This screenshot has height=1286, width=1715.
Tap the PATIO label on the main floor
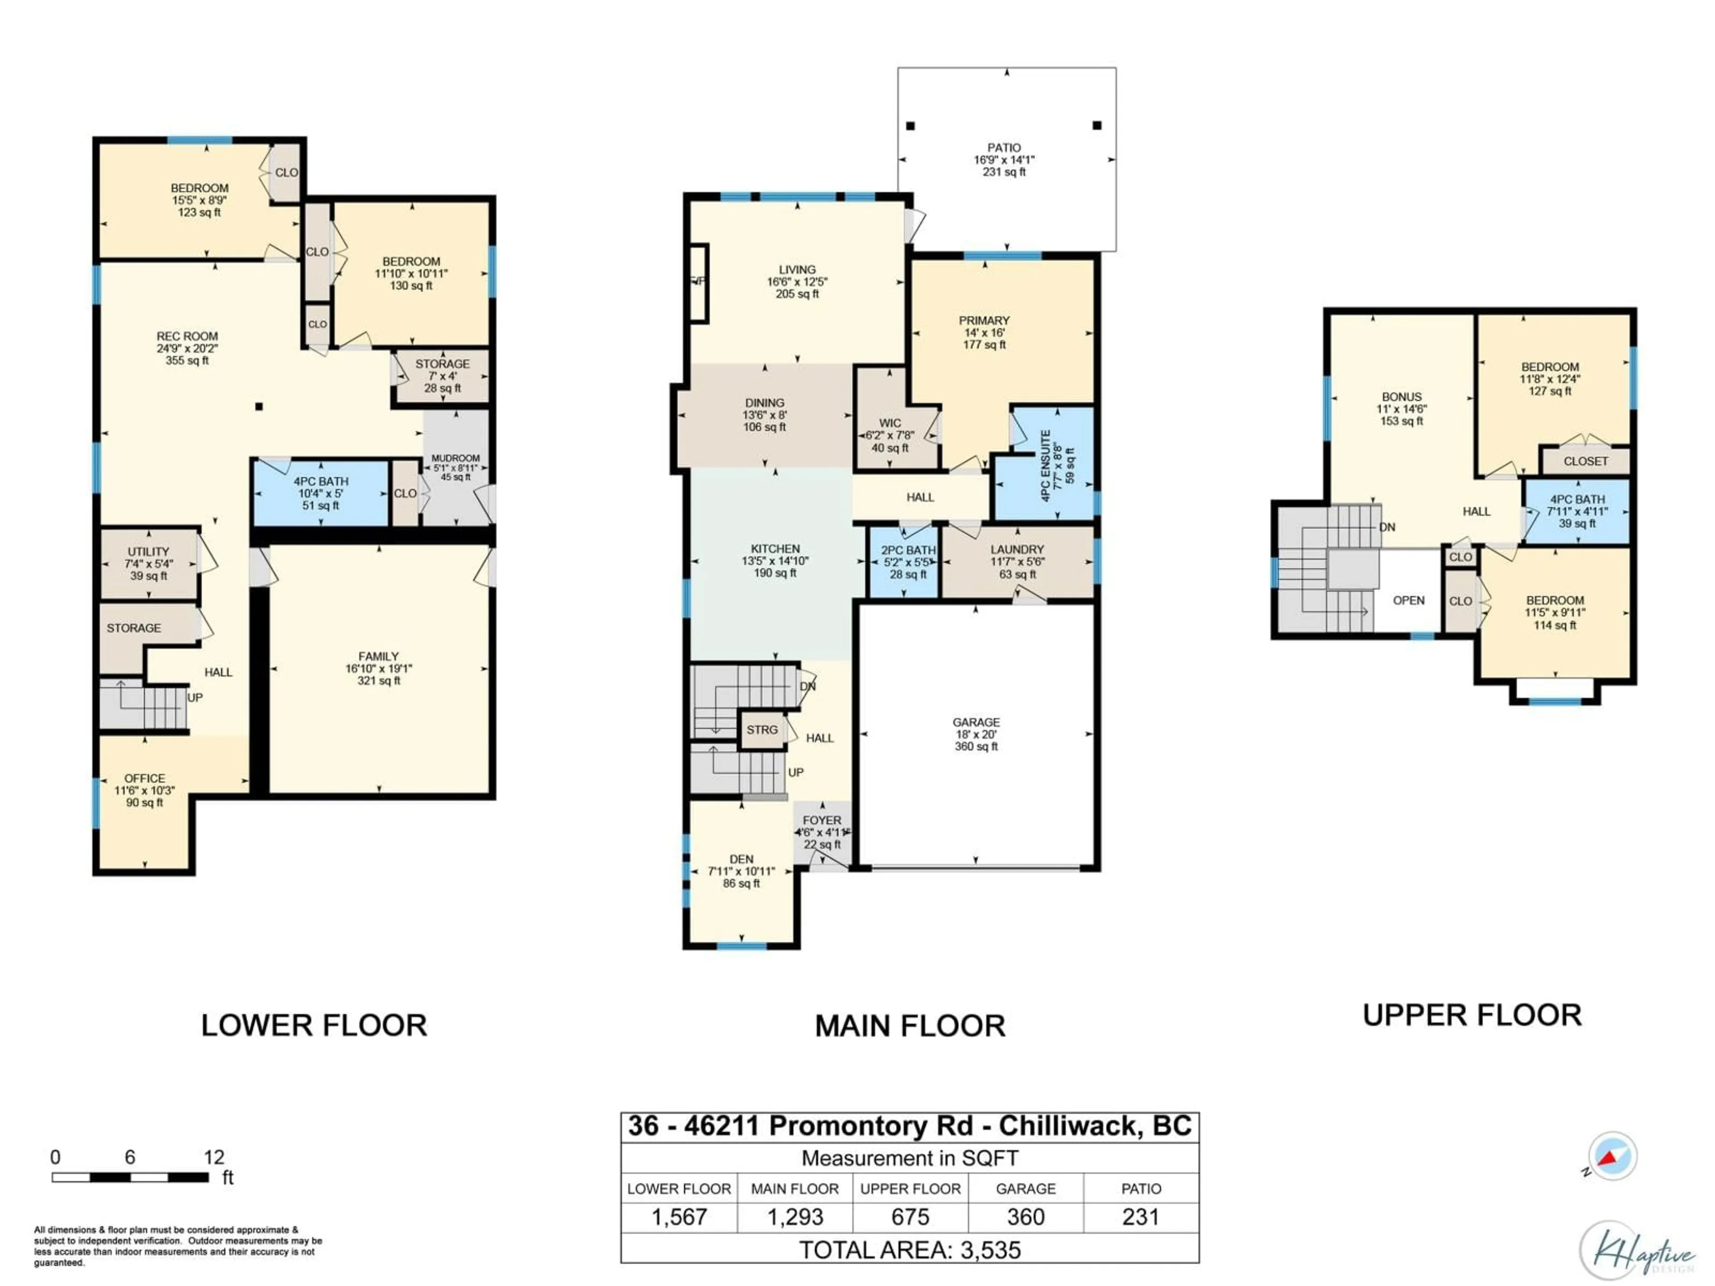pyautogui.click(x=1004, y=147)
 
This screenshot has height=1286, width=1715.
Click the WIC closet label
pyautogui.click(x=889, y=423)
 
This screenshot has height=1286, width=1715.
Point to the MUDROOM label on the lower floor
pyautogui.click(x=455, y=458)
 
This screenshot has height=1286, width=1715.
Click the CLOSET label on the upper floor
pyautogui.click(x=1585, y=461)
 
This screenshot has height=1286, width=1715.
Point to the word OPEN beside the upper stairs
pyautogui.click(x=1408, y=600)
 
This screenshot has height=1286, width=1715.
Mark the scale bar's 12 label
pyautogui.click(x=214, y=1157)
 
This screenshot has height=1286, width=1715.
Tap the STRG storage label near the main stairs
pyautogui.click(x=761, y=730)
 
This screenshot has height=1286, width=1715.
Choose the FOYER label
pyautogui.click(x=822, y=820)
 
